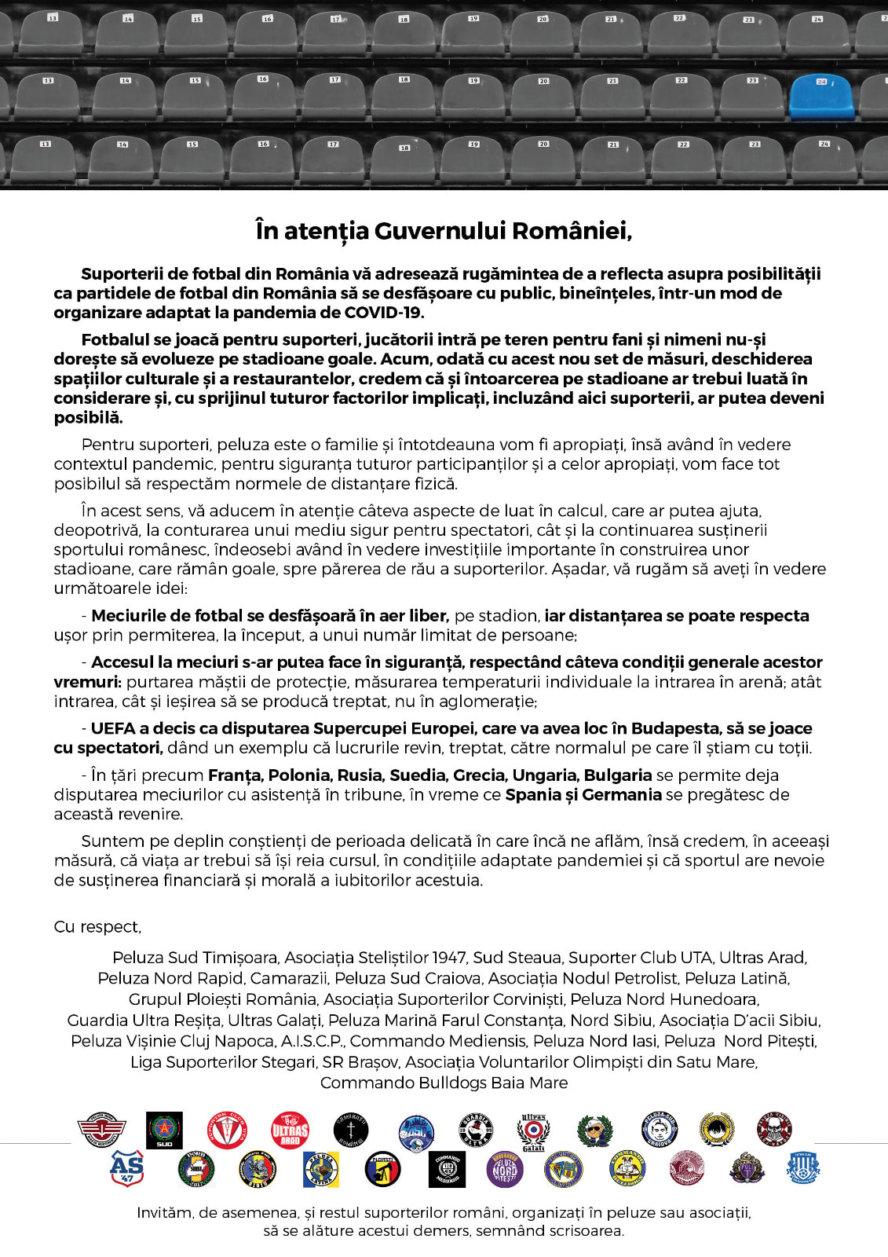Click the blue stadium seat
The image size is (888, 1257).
(x=821, y=97)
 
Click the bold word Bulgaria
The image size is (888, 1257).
(x=618, y=775)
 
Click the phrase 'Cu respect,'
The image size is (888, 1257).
(x=97, y=927)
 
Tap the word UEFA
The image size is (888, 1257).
(x=112, y=728)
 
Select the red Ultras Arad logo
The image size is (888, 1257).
(x=290, y=1131)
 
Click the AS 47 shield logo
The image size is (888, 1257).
(x=126, y=1168)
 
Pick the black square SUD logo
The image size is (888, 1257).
(x=165, y=1131)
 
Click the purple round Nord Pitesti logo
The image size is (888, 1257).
(x=504, y=1169)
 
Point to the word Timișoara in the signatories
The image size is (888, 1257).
(x=239, y=958)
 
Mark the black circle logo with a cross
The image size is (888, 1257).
(x=351, y=1131)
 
